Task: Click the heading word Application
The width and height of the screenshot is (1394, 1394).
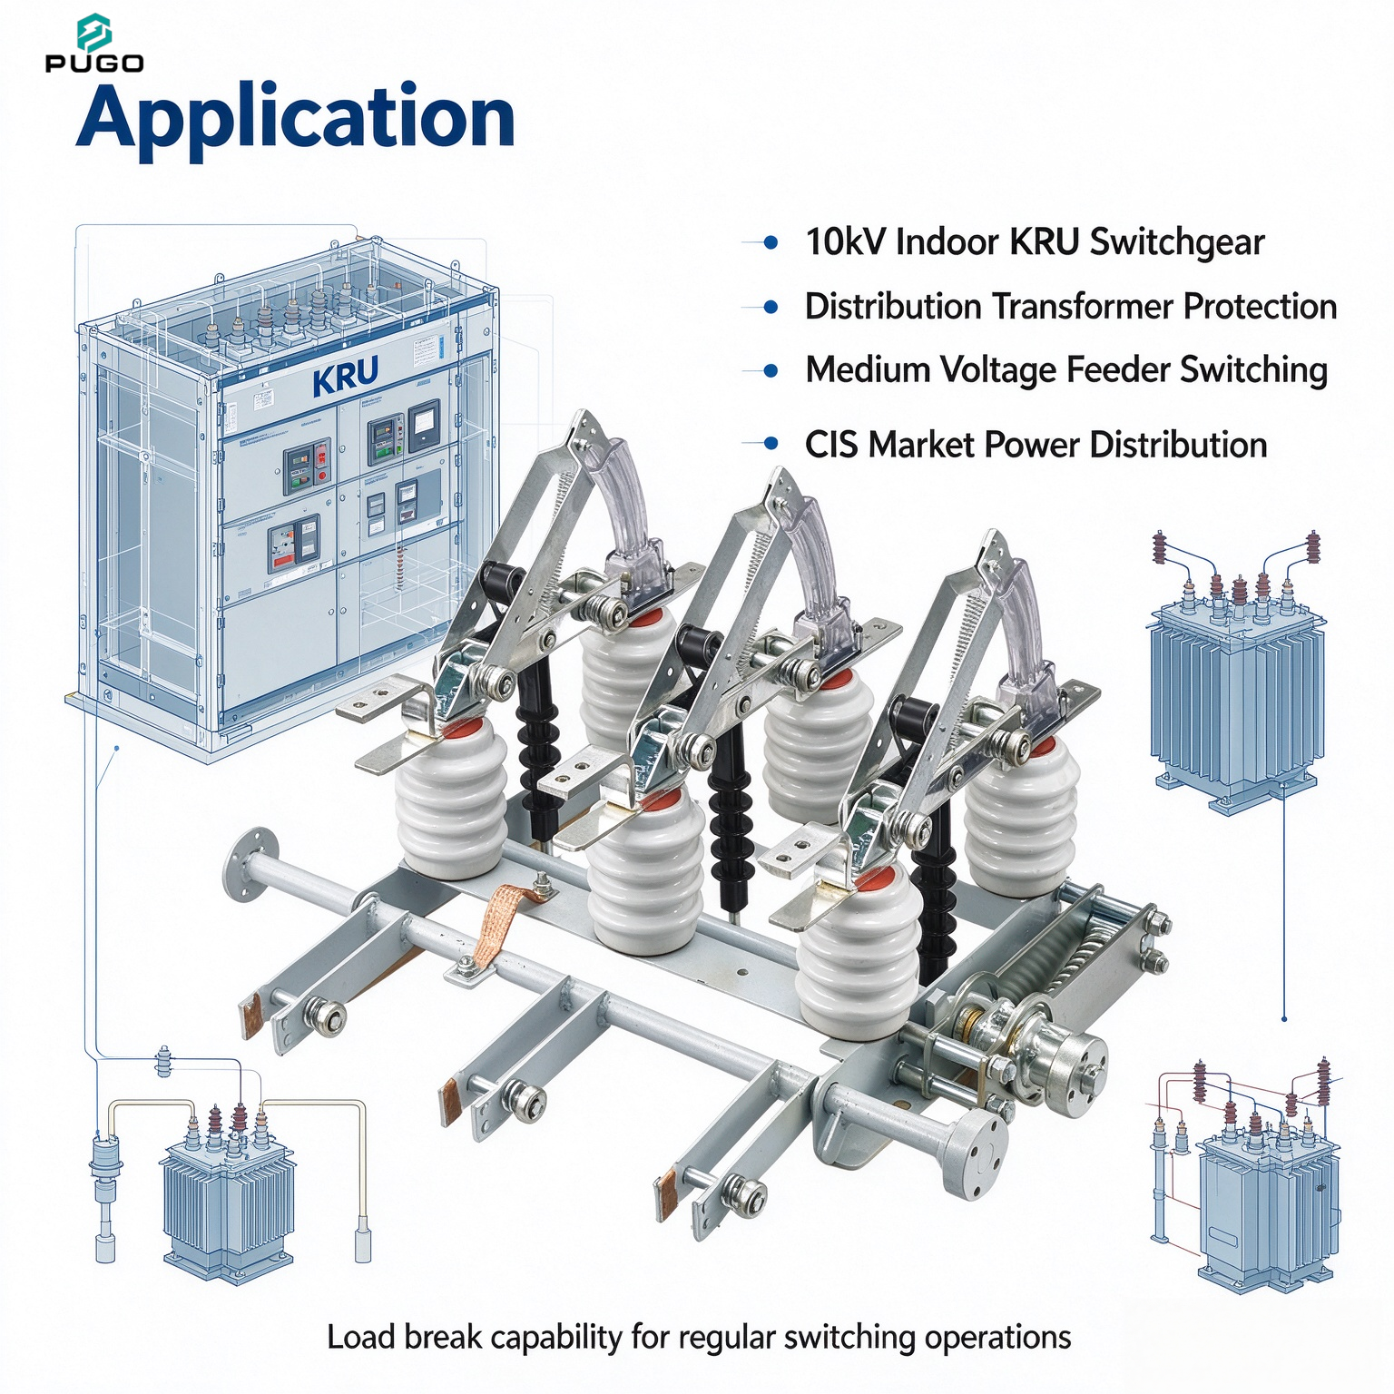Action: click(x=296, y=119)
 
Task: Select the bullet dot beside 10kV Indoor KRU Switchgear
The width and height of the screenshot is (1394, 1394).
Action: click(x=771, y=242)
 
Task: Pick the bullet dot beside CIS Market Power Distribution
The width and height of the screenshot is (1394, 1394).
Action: click(x=771, y=444)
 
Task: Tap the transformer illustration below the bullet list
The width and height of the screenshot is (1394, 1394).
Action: click(x=1234, y=690)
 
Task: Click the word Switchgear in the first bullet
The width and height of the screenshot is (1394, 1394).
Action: click(x=1177, y=243)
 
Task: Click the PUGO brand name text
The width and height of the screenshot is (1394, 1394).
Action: click(x=94, y=64)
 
